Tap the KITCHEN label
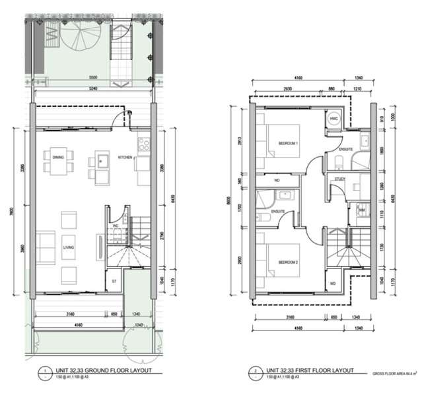click(125, 158)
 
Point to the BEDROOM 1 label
click(289, 143)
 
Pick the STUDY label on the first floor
click(340, 178)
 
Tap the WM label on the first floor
click(361, 210)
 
